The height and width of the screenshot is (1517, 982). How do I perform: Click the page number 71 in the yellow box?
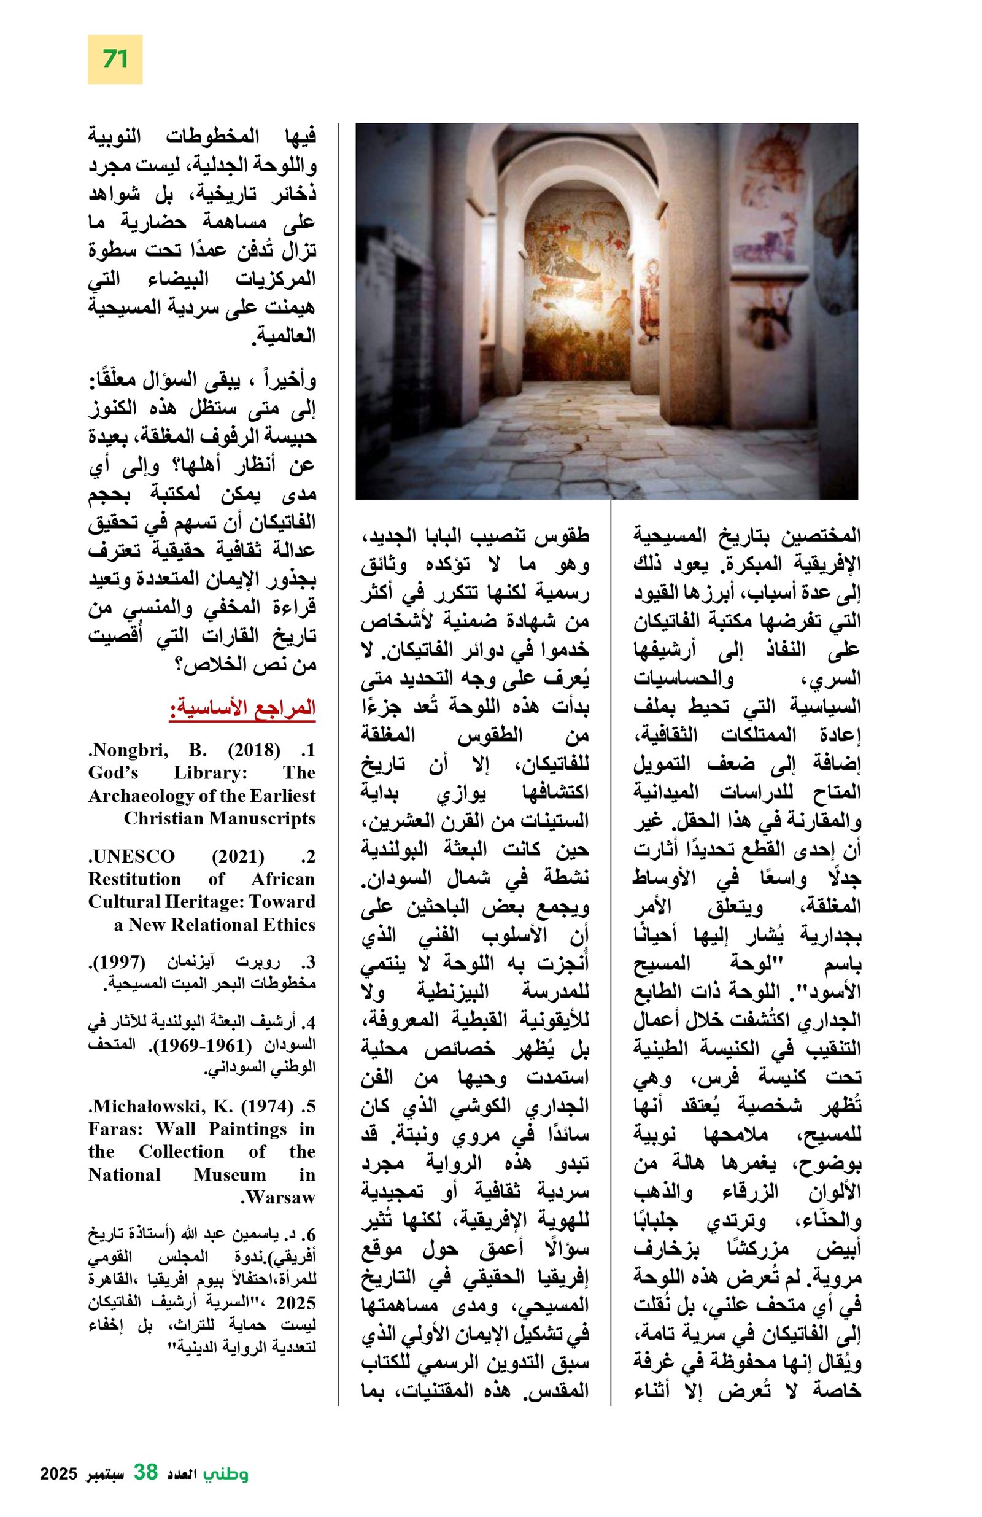115,60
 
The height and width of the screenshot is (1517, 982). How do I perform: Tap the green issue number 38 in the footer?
145,1472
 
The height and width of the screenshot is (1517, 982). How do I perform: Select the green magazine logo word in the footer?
226,1473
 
